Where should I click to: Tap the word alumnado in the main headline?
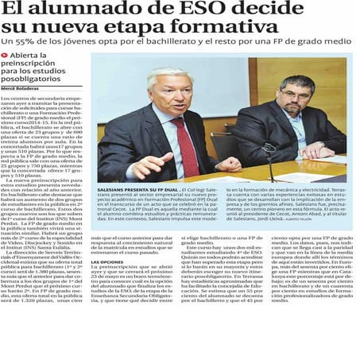[x=91, y=10]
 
